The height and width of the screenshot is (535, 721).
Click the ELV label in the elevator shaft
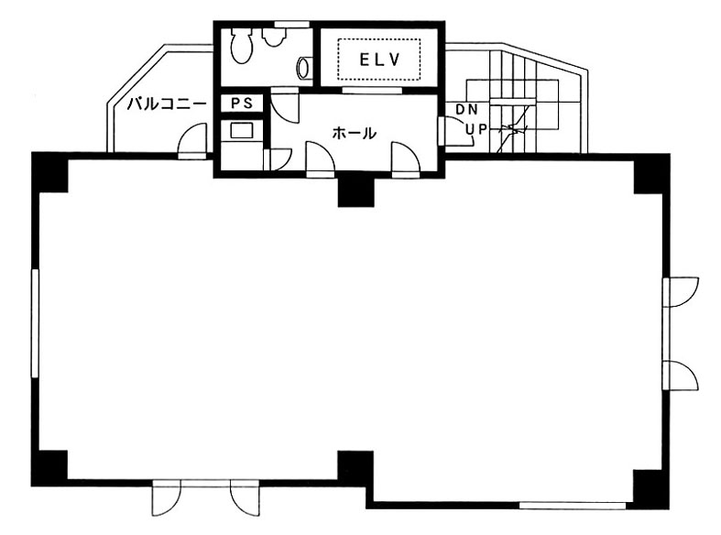click(x=380, y=60)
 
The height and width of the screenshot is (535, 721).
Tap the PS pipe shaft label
click(x=242, y=104)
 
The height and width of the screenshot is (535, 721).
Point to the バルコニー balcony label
click(x=167, y=104)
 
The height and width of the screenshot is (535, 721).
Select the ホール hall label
click(x=354, y=133)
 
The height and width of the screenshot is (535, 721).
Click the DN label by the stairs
click(x=466, y=109)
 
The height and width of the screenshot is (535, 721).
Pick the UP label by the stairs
click(x=476, y=129)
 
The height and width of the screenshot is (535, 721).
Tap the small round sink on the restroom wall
click(x=305, y=68)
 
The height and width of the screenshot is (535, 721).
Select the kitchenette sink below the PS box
click(x=242, y=130)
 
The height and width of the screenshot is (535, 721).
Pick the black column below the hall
click(x=355, y=191)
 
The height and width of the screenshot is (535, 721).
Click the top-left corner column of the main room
click(x=49, y=172)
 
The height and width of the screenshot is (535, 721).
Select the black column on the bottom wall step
click(x=355, y=468)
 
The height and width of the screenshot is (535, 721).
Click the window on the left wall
click(x=35, y=323)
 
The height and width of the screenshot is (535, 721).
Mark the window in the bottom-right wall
click(x=572, y=506)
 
